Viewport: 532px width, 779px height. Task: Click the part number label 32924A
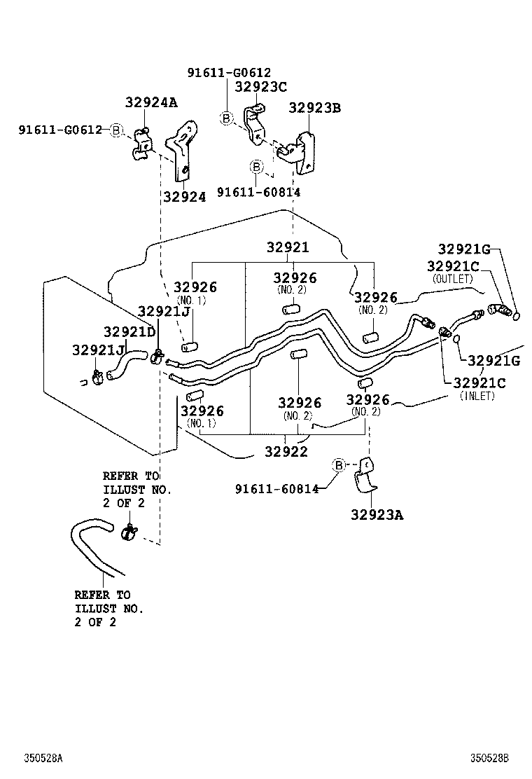coord(151,102)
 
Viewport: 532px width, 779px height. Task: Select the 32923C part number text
coord(261,86)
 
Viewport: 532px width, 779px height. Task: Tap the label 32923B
coord(315,107)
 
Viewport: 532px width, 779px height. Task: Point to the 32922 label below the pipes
coord(286,452)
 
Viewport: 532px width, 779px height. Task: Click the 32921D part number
coord(129,331)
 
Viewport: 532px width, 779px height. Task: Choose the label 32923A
coord(377,515)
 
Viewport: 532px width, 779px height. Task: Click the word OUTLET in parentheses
coord(453,279)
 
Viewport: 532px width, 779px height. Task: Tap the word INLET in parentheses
coord(477,396)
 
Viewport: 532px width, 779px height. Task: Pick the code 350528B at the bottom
coord(489,759)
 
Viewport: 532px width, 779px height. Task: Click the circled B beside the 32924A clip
coord(117,130)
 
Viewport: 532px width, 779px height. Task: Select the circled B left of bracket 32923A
coord(338,465)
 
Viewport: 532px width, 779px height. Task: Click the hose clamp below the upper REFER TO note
coord(129,533)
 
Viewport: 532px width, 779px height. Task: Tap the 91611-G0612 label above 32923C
coord(229,72)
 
